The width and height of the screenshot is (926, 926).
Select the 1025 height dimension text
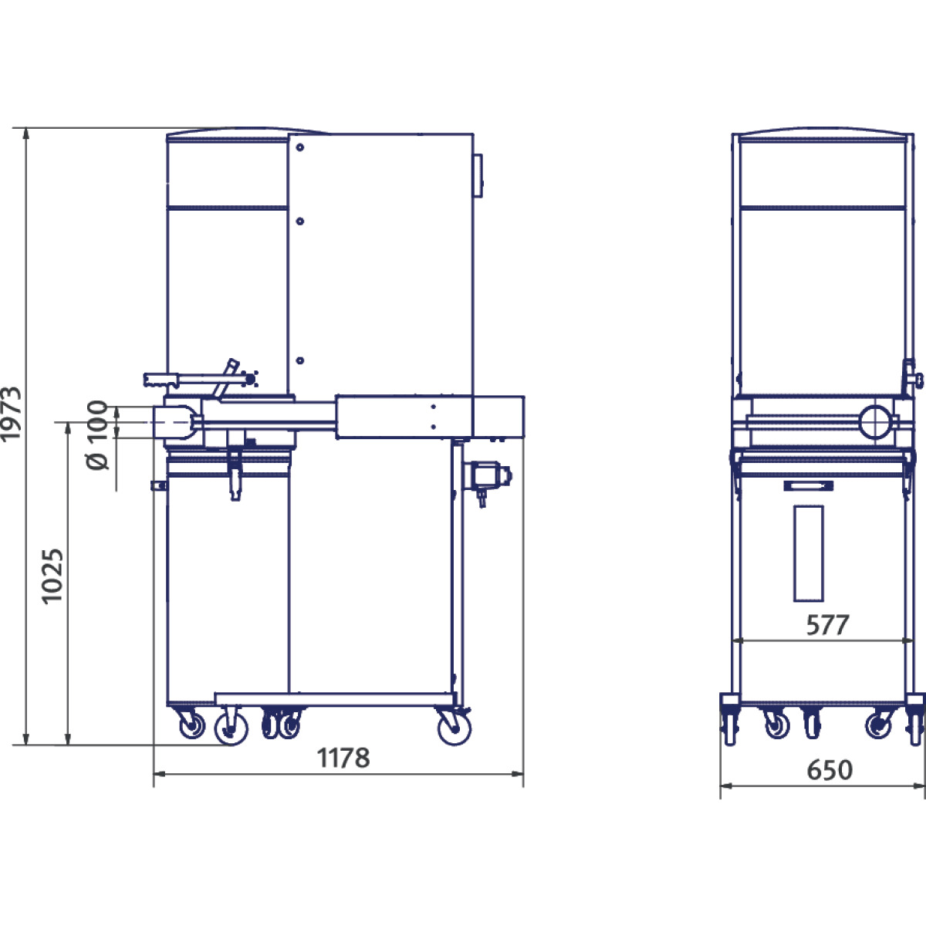(x=52, y=576)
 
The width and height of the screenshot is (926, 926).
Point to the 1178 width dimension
(x=343, y=758)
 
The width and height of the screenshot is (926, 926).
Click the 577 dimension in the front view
(x=827, y=625)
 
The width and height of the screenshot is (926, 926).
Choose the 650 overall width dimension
(x=830, y=769)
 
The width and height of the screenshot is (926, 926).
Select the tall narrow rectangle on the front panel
(x=808, y=553)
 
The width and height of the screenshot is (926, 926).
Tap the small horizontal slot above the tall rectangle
(x=808, y=485)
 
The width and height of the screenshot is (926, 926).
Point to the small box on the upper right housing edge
(x=478, y=176)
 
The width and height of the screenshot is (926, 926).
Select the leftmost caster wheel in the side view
(x=189, y=725)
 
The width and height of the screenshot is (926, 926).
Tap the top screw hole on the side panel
(x=300, y=147)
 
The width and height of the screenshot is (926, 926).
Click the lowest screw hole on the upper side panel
(x=300, y=360)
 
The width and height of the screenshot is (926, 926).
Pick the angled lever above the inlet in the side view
(x=227, y=378)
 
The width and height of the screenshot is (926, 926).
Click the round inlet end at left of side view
(x=173, y=422)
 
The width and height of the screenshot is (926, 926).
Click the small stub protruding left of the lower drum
(x=158, y=485)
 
